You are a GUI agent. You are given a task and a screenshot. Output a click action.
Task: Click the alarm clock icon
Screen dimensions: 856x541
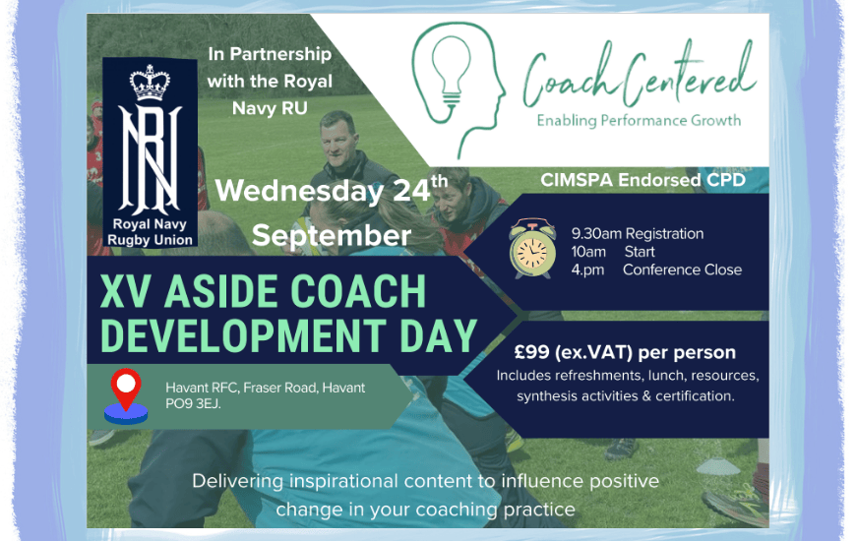pyautogui.click(x=532, y=249)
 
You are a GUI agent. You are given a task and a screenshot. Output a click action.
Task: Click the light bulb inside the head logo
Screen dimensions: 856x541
pyautogui.click(x=451, y=71)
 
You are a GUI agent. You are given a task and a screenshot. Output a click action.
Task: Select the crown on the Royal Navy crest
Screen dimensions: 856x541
pyautogui.click(x=150, y=83)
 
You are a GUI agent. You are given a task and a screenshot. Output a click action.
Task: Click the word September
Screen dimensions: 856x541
pyautogui.click(x=332, y=236)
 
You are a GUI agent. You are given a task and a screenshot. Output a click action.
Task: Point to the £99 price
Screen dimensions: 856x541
pyautogui.click(x=531, y=352)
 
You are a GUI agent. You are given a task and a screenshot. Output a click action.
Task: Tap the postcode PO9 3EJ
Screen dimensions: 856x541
pyautogui.click(x=193, y=404)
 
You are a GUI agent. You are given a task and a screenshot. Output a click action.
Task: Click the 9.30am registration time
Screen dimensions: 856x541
pyautogui.click(x=596, y=234)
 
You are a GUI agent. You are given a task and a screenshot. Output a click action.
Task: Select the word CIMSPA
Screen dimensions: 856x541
pyautogui.click(x=577, y=180)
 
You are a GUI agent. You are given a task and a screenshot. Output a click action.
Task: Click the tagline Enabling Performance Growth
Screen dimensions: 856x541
pyautogui.click(x=639, y=121)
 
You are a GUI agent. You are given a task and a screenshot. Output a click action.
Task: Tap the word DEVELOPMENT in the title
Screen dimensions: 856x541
pyautogui.click(x=243, y=335)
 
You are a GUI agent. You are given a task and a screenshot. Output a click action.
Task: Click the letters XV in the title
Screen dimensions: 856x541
pyautogui.click(x=126, y=291)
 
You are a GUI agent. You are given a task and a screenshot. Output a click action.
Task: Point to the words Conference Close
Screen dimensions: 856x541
pyautogui.click(x=683, y=270)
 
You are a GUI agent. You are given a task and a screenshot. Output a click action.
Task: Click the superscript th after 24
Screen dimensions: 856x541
pyautogui.click(x=440, y=181)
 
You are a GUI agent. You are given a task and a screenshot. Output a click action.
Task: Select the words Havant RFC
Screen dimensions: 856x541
pyautogui.click(x=202, y=388)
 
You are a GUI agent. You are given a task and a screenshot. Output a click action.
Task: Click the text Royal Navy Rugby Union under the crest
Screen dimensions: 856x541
pyautogui.click(x=150, y=232)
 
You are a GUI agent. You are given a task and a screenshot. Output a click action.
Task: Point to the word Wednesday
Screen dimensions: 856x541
pyautogui.click(x=299, y=192)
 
